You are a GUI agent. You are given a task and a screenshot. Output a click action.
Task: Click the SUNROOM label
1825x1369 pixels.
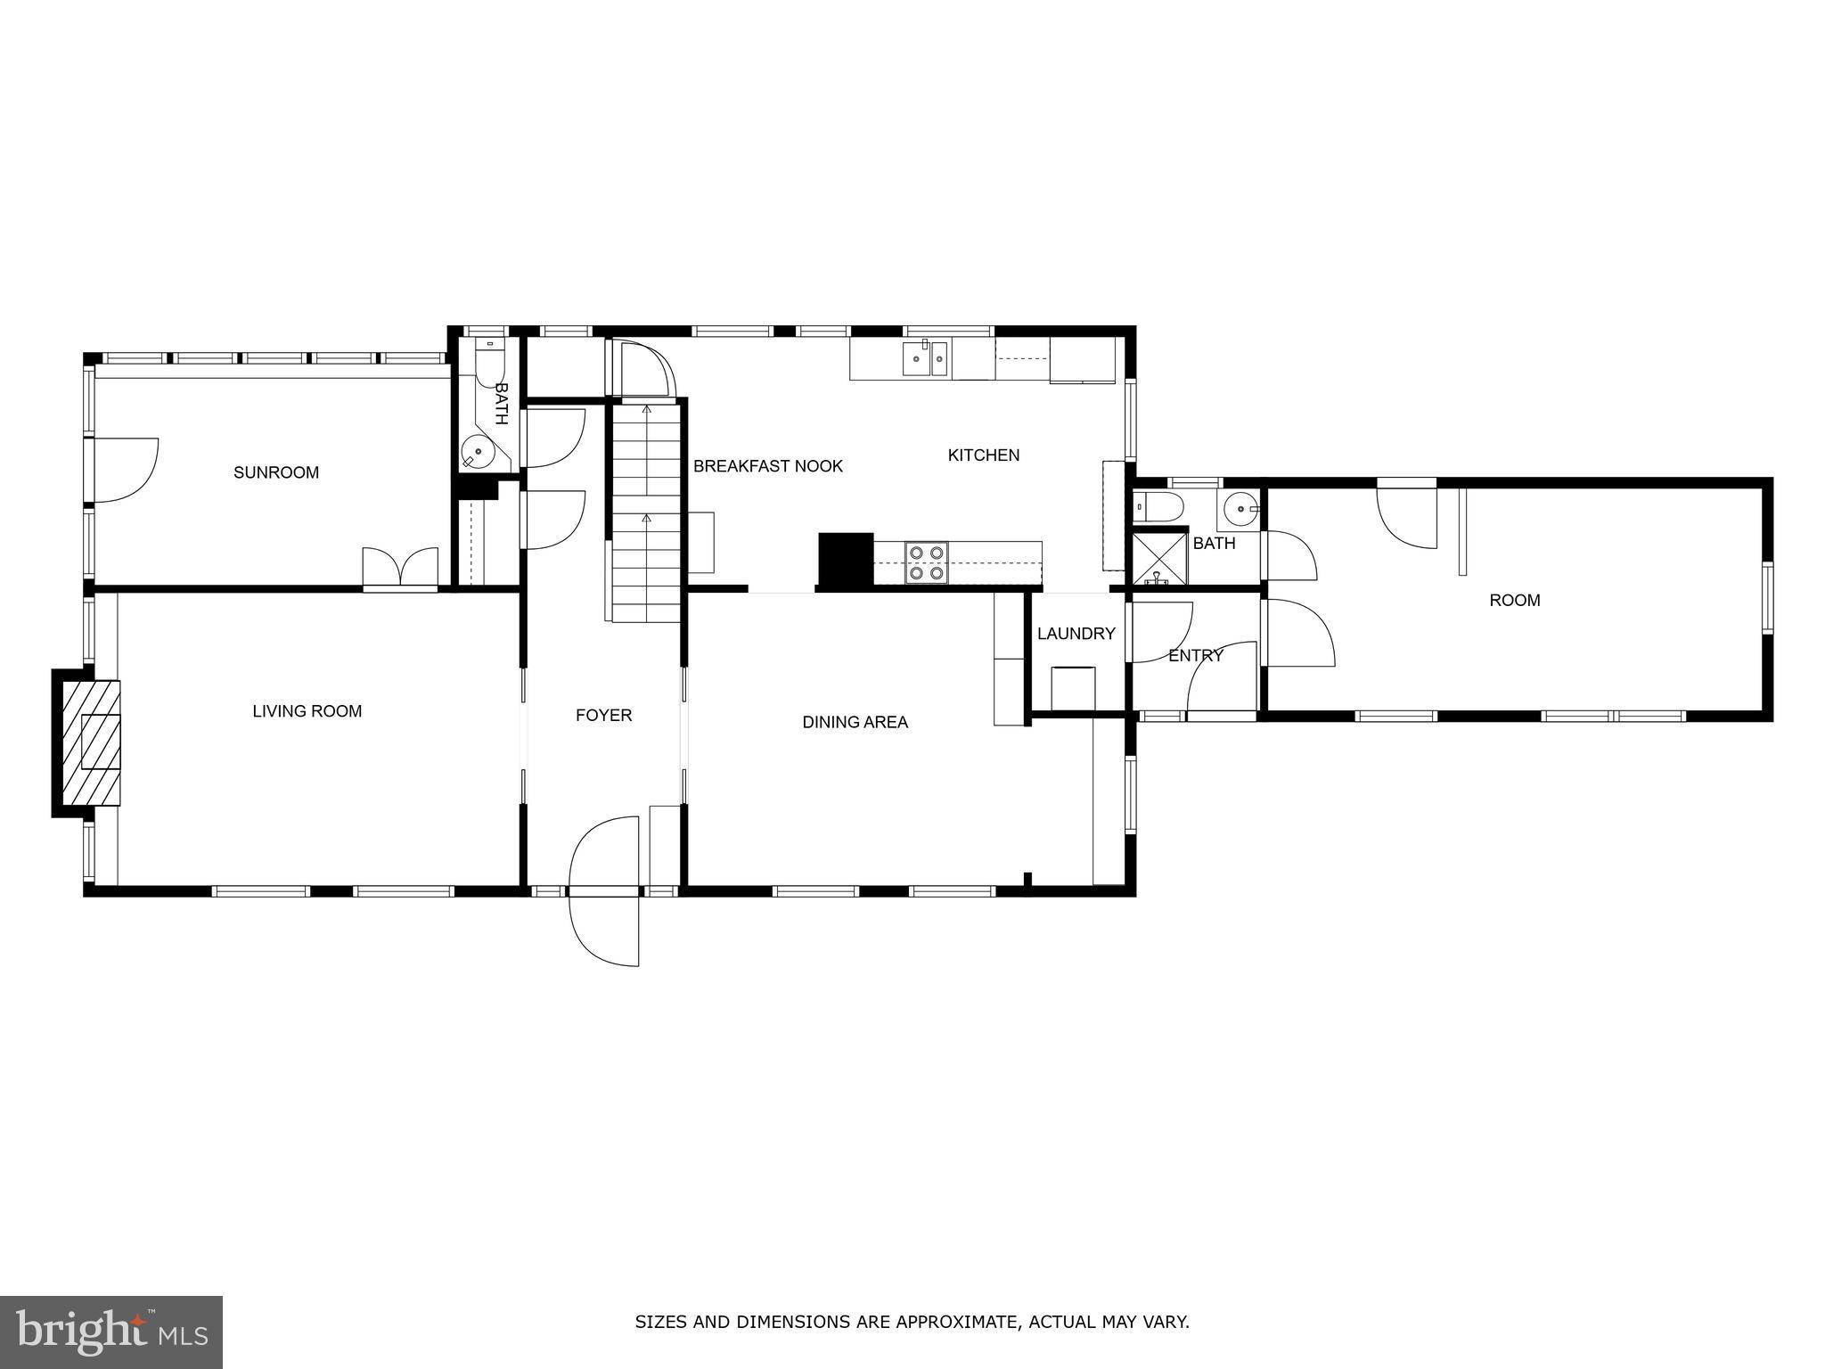[276, 472]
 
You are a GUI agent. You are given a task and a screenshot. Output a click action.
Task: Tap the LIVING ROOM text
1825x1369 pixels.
[307, 711]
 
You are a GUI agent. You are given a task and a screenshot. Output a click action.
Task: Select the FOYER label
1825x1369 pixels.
[603, 715]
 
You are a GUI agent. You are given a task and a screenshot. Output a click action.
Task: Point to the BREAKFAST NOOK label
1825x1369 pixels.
[767, 466]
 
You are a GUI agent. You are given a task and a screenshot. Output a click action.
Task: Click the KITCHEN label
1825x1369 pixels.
[983, 455]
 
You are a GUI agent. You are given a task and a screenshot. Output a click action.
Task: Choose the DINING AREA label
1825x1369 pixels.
[855, 722]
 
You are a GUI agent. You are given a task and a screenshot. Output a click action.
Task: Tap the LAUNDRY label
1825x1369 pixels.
[1076, 634]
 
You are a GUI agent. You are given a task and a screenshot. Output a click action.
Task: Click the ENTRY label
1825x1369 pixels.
[1195, 656]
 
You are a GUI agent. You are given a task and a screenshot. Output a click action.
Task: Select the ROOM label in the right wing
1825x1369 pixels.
[1514, 601]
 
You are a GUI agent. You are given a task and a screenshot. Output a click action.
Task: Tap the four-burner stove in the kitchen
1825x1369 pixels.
[925, 563]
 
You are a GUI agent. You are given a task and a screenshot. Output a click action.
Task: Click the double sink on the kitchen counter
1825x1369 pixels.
[926, 359]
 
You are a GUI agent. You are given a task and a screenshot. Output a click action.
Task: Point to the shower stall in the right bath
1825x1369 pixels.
[1158, 559]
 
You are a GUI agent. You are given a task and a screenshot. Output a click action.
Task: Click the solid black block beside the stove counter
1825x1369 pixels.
[845, 560]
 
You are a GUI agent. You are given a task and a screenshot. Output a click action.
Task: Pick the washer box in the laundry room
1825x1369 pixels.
[1073, 687]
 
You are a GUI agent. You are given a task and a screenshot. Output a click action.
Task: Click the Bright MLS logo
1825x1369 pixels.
[111, 1332]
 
